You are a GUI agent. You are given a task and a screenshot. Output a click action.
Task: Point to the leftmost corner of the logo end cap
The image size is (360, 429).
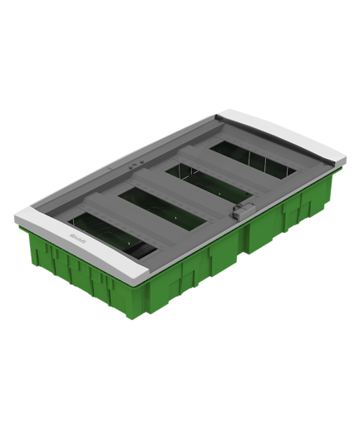tap(15, 218)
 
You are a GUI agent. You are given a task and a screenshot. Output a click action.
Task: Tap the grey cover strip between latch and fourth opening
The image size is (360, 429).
tap(254, 187)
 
